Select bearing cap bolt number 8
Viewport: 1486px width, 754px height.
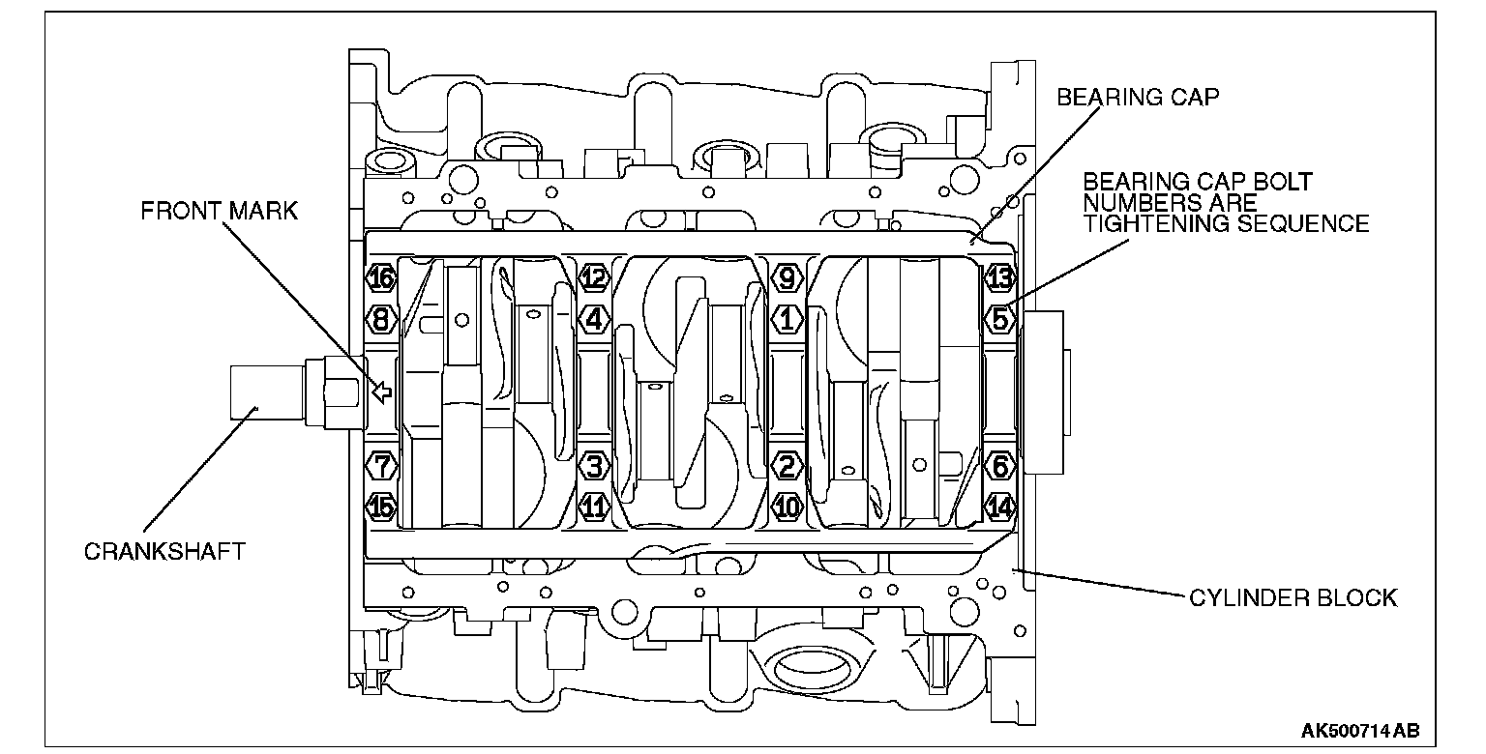point(382,317)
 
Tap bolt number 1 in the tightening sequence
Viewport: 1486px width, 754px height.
point(788,317)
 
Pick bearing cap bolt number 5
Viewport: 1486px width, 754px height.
point(999,317)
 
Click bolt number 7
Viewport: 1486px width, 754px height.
point(382,466)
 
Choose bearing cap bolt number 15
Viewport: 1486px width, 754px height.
point(382,505)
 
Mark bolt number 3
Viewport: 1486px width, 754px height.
point(594,467)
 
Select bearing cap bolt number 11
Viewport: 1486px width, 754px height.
point(594,505)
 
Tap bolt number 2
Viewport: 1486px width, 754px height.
point(788,467)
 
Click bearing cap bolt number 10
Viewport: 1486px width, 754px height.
point(788,505)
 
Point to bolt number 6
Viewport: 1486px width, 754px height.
point(999,467)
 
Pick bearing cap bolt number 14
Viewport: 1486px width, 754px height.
point(999,505)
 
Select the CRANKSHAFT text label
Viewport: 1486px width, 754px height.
point(164,552)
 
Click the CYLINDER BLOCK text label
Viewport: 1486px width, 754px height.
point(1293,598)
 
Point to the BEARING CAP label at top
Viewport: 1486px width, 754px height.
point(1138,98)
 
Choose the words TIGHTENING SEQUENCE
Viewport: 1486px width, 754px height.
point(1226,224)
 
